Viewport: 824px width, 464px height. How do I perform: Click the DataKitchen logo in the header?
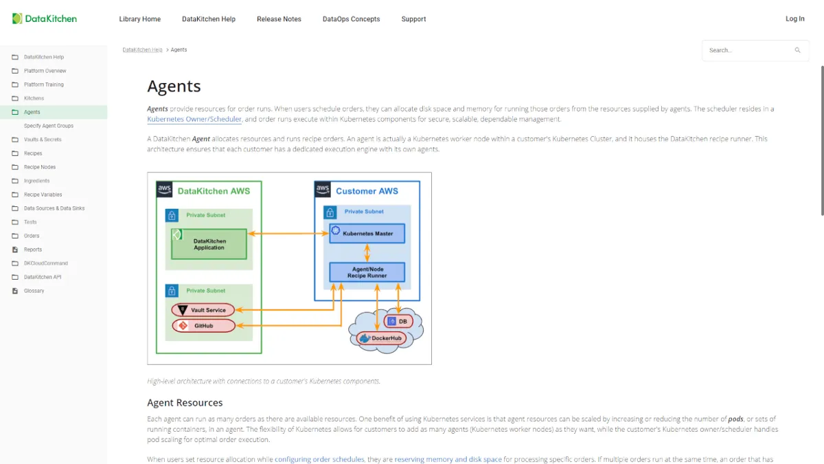[45, 19]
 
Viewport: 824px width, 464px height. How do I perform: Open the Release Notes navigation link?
[279, 19]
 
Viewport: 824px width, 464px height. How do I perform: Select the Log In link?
[794, 19]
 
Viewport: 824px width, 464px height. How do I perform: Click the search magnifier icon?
[797, 50]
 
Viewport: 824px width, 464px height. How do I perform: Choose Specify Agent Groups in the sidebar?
[49, 126]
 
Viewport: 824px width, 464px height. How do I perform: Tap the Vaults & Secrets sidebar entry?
[43, 140]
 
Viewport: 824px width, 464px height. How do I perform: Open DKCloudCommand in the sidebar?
[46, 263]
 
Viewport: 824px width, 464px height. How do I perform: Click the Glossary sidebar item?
[34, 291]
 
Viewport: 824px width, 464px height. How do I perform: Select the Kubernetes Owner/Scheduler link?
[194, 120]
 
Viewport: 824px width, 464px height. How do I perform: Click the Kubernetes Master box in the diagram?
[367, 234]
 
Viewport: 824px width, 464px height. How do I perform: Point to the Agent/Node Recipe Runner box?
[367, 272]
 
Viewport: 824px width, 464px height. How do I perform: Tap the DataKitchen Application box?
[209, 244]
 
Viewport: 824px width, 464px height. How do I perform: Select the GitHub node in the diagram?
[203, 326]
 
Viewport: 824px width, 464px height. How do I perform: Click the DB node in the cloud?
[398, 321]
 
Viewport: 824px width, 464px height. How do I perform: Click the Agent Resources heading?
[185, 403]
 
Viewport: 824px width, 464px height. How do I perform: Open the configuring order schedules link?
[319, 459]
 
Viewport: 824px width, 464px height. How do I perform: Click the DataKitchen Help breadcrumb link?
[142, 50]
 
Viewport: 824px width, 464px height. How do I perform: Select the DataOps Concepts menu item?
[351, 19]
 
